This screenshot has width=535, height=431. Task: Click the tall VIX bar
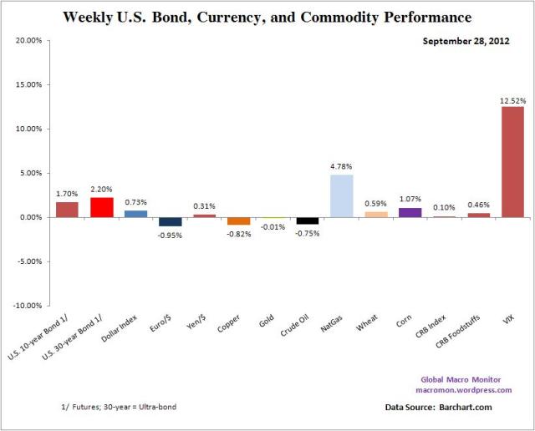tap(512, 161)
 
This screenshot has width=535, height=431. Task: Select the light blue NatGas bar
tap(341, 196)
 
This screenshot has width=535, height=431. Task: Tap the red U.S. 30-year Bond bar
tap(101, 207)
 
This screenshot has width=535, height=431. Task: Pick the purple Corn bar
tap(410, 212)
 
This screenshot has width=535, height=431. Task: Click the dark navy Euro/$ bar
tap(171, 221)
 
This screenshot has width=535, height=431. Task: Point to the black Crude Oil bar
tap(307, 221)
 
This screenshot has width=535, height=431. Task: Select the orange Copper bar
tap(239, 221)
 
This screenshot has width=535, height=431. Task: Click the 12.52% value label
tap(512, 100)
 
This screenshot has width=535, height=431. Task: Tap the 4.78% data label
tap(342, 167)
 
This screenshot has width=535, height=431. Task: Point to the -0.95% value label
tap(171, 234)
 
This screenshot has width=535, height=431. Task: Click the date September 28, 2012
tap(474, 40)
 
